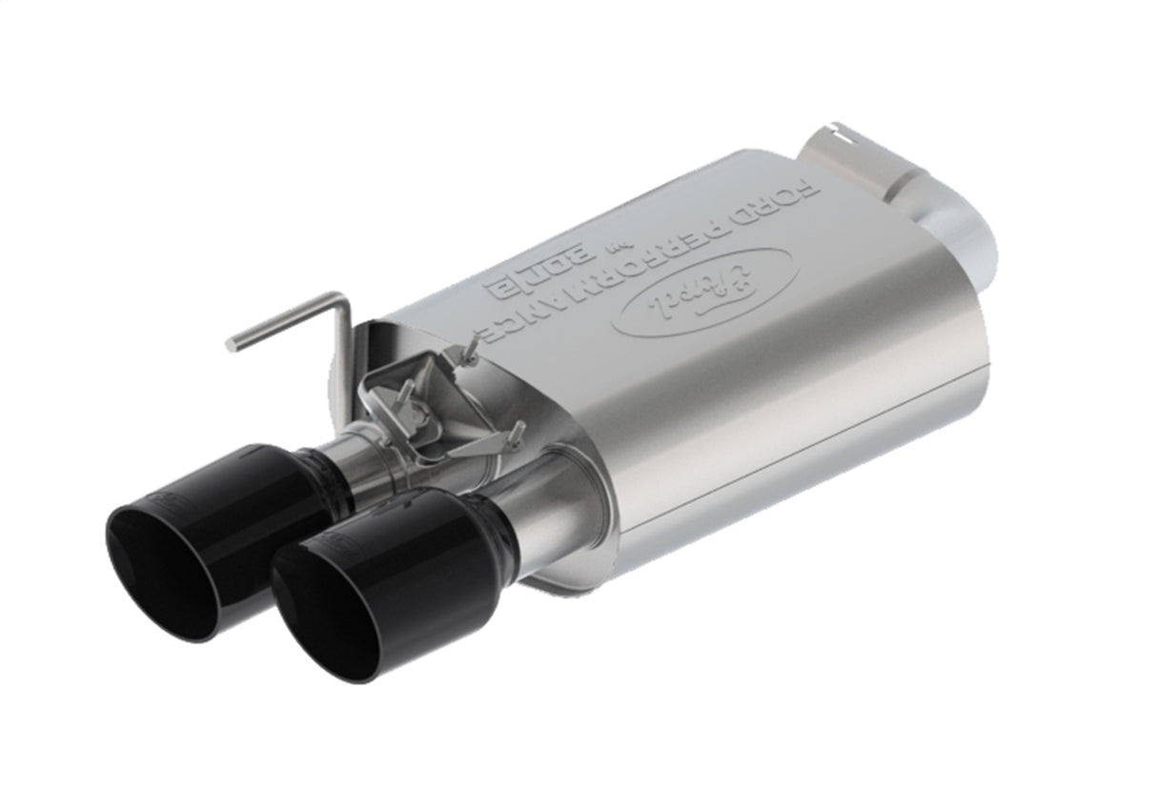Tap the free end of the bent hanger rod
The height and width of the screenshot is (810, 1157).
click(231, 344)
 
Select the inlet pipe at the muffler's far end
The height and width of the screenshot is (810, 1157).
click(915, 191)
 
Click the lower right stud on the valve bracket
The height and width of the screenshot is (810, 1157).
click(518, 435)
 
